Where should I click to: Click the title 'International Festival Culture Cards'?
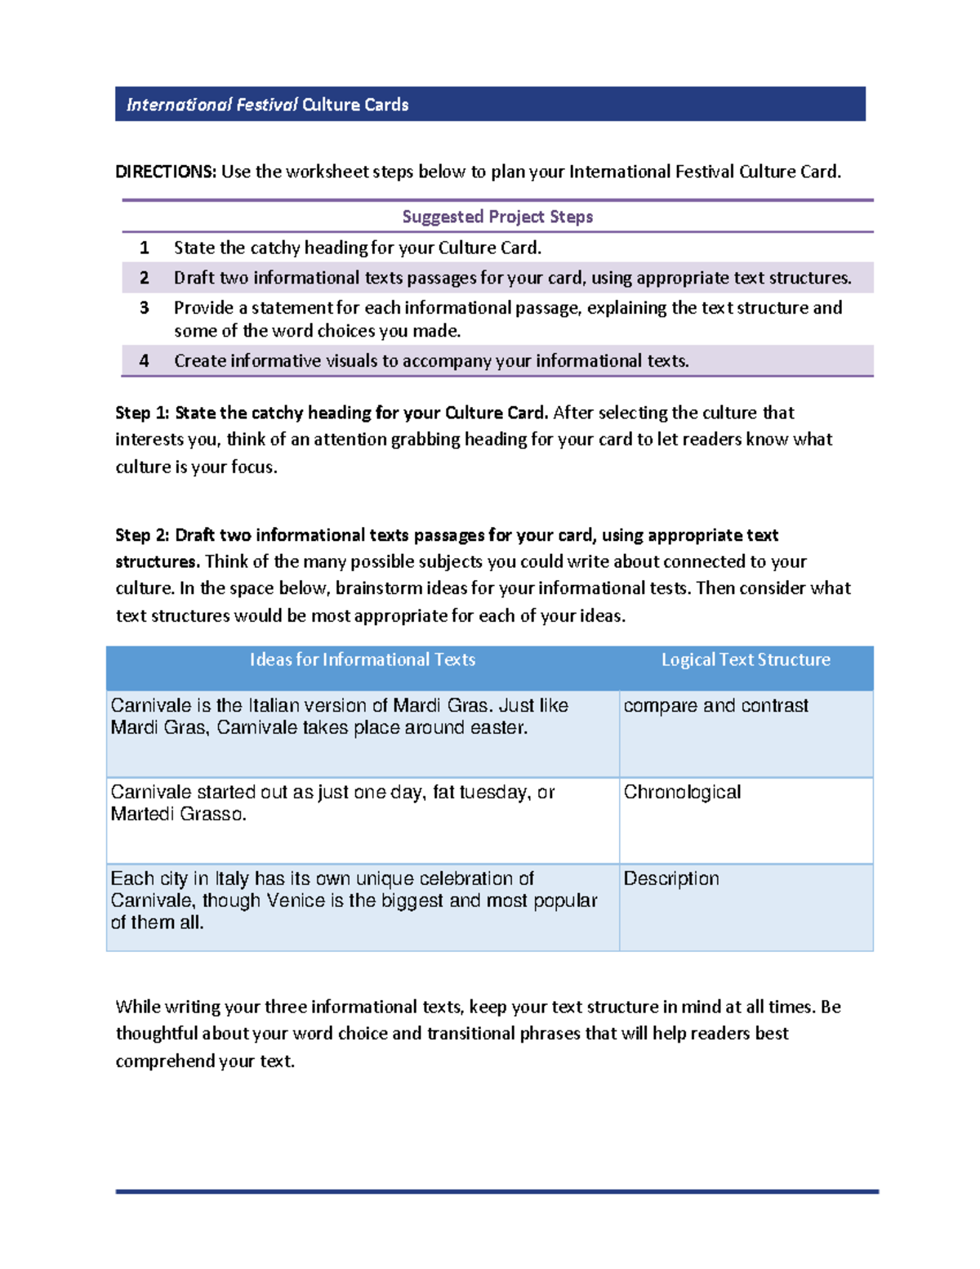click(x=267, y=105)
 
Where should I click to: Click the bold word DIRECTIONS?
click(x=165, y=172)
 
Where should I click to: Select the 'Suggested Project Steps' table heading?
click(x=497, y=217)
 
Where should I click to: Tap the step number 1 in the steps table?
click(x=145, y=248)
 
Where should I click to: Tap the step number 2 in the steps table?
click(x=145, y=278)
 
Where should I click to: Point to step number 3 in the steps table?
click(x=145, y=308)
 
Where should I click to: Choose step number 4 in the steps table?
click(x=145, y=361)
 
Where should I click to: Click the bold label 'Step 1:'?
click(x=142, y=413)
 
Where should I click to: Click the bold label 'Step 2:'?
click(x=142, y=535)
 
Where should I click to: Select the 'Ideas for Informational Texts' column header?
click(x=363, y=659)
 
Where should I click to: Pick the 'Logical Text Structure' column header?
click(x=746, y=659)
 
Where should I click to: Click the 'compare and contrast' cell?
click(x=715, y=705)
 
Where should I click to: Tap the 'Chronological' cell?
click(x=682, y=792)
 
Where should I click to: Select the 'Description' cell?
click(x=671, y=878)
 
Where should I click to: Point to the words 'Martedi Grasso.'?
click(x=178, y=814)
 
